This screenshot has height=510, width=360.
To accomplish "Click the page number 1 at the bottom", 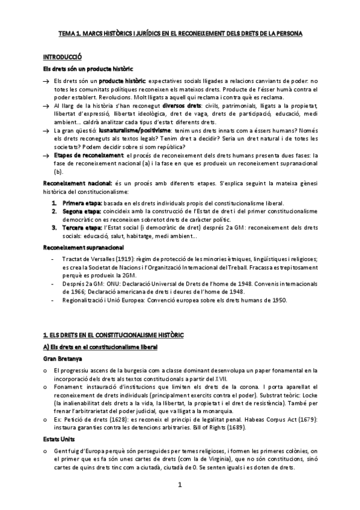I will point(179,485).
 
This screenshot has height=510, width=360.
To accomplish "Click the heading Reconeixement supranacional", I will point(84,247).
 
